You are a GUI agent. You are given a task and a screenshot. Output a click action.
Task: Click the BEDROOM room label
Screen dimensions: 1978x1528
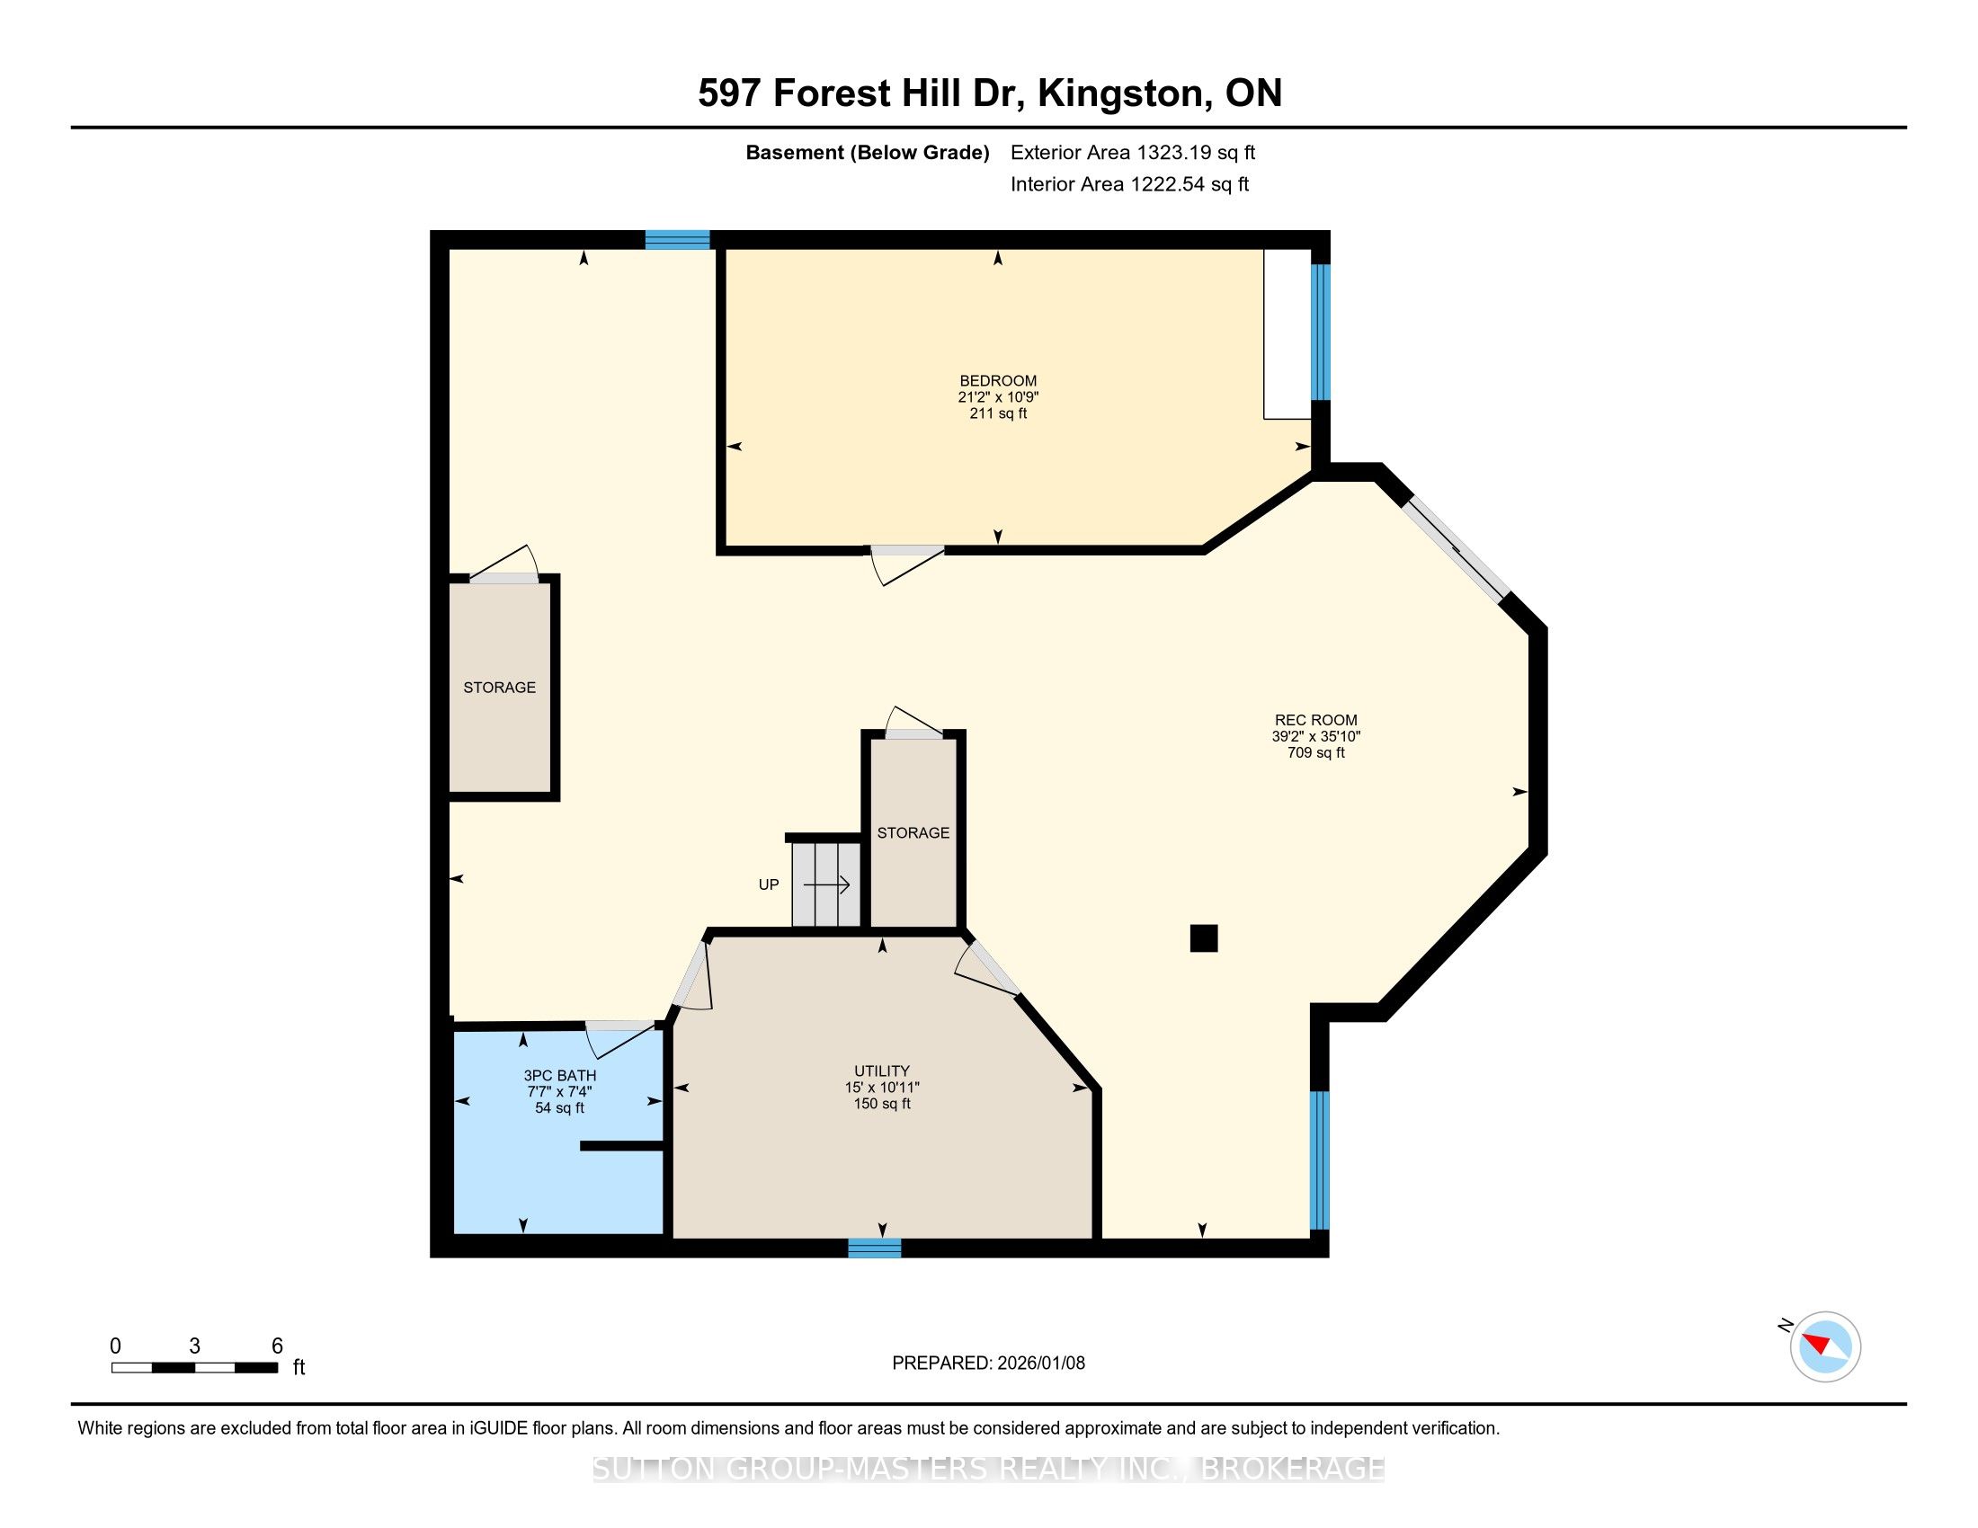(998, 381)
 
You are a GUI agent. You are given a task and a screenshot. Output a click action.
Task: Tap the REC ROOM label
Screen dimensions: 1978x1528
(1316, 721)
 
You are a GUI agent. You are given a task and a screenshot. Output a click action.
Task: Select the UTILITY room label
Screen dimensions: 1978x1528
(881, 1070)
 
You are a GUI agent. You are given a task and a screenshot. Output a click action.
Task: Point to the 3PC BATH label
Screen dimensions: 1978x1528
(560, 1075)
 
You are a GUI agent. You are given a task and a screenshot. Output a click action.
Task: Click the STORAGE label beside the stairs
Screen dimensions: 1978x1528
(913, 833)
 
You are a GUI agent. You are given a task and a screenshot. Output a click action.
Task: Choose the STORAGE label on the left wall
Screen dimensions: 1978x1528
(499, 688)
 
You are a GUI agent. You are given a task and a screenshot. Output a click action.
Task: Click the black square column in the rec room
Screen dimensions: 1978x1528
(1204, 937)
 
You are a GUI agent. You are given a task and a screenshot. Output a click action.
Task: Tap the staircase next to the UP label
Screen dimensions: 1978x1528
(826, 884)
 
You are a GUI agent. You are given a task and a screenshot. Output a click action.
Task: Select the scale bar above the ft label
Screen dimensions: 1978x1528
(195, 1368)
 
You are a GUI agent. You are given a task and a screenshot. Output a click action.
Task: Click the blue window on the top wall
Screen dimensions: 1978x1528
(677, 240)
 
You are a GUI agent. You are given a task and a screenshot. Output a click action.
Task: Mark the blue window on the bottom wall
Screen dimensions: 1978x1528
(875, 1248)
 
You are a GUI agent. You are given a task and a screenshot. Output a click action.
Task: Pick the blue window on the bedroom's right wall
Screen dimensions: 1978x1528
(1321, 333)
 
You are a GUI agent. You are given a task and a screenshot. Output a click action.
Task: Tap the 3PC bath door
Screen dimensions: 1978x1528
(620, 1039)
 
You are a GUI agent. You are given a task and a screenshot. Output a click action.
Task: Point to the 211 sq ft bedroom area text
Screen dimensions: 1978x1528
(998, 413)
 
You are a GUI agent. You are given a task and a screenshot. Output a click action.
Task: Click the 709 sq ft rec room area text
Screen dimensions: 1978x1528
(1316, 753)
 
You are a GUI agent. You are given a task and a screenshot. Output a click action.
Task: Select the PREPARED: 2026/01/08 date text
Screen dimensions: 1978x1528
(988, 1364)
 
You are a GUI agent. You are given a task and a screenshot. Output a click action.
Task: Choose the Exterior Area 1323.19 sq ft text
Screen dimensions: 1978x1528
(1133, 153)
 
